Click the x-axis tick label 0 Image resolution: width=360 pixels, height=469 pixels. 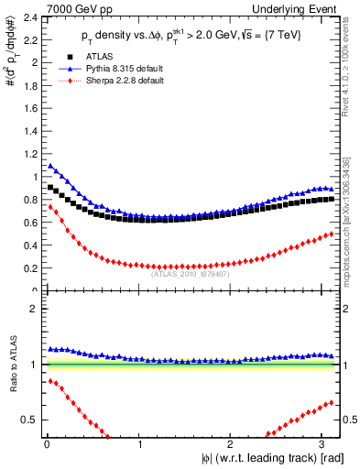click(x=47, y=444)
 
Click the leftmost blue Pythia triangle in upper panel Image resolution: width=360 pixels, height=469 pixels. click(x=50, y=166)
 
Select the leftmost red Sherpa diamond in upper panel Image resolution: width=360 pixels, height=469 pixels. click(x=50, y=207)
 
